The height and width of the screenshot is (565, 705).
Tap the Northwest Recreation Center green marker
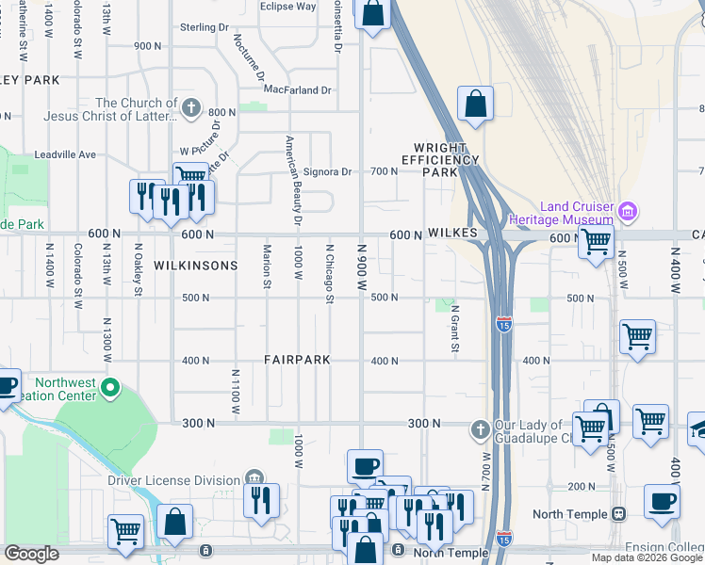[110, 387]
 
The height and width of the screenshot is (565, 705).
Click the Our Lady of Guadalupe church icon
[480, 429]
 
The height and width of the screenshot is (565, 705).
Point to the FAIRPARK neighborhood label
[296, 361]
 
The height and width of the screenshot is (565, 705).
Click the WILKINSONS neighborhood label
[196, 266]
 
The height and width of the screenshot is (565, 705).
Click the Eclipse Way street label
[287, 7]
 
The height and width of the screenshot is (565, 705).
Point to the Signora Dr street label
[327, 171]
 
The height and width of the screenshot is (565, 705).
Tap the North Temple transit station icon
[619, 514]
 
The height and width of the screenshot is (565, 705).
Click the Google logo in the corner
[31, 554]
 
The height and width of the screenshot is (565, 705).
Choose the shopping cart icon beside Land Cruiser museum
[596, 241]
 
